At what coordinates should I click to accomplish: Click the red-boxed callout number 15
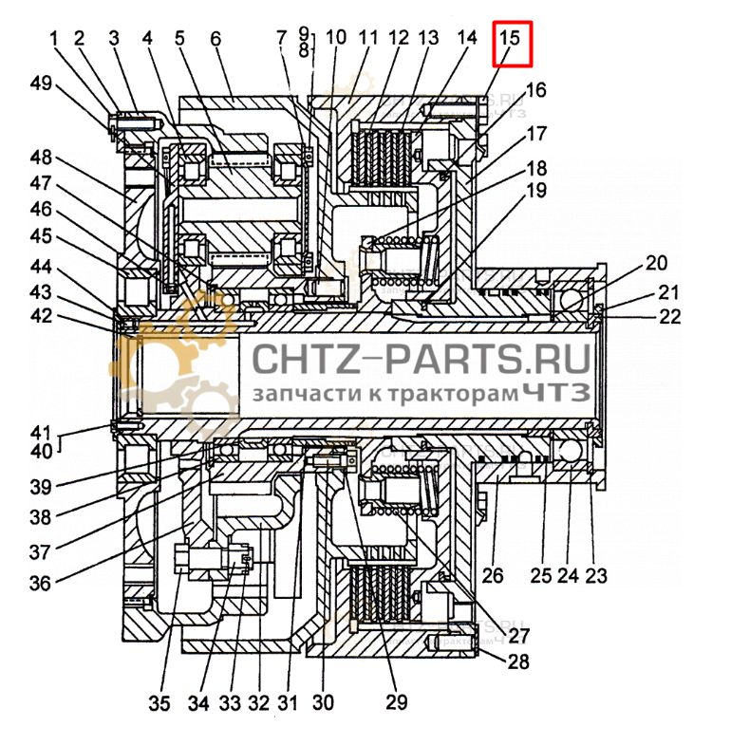tap(511, 39)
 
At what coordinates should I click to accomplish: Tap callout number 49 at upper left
tap(41, 84)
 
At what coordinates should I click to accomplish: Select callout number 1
tap(54, 39)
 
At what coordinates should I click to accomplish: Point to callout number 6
tap(215, 39)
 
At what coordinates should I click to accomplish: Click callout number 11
tap(368, 39)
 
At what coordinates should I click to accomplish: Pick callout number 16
tap(536, 91)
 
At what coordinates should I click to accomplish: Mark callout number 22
tap(670, 317)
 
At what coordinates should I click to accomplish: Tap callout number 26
tap(491, 575)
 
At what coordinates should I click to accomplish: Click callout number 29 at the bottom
tap(396, 703)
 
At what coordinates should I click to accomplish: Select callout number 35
tap(159, 704)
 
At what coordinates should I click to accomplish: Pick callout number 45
tap(41, 235)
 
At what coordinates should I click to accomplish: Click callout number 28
tap(518, 662)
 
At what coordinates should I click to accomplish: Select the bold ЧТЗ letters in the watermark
tap(556, 391)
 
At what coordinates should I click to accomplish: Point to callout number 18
tap(536, 168)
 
